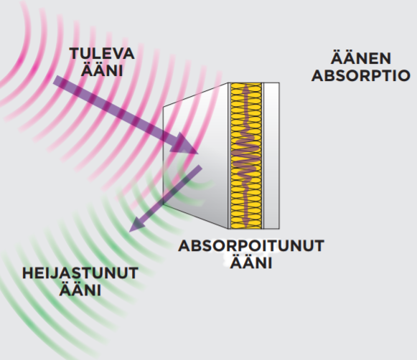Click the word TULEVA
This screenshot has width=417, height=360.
click(x=102, y=54)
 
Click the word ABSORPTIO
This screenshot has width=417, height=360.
click(x=361, y=76)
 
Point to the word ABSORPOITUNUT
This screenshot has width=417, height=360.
click(x=251, y=246)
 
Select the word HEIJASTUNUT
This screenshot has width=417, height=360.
click(x=80, y=273)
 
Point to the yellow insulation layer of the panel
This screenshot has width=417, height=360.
click(x=246, y=156)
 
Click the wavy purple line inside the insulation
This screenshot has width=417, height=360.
click(x=246, y=156)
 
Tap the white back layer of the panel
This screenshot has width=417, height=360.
click(x=271, y=156)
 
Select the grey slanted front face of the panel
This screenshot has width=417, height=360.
click(x=195, y=156)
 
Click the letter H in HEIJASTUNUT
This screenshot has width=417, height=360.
click(x=28, y=273)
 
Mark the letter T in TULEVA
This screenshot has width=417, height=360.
click(x=75, y=54)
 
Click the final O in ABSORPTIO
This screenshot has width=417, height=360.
click(x=404, y=76)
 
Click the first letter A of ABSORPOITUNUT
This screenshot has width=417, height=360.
click(x=184, y=246)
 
